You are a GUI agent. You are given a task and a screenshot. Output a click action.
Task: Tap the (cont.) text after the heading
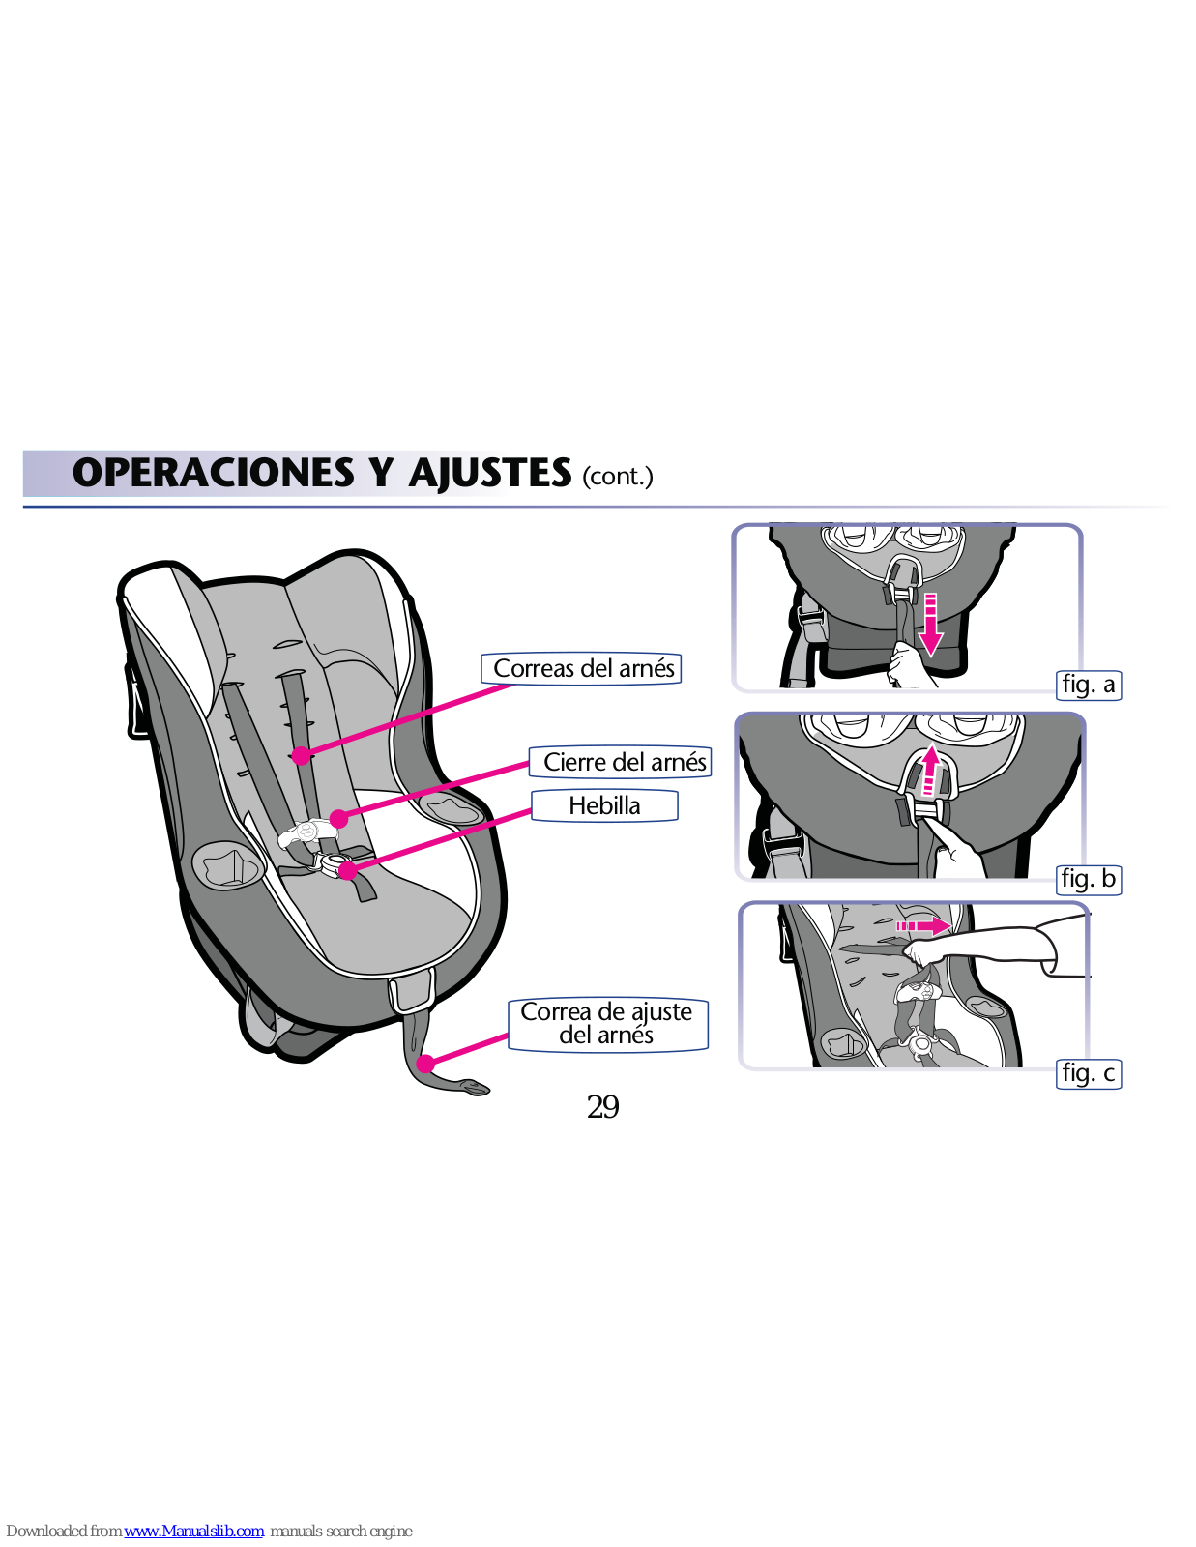pos(618,477)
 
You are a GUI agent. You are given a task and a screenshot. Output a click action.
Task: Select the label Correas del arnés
pos(583,668)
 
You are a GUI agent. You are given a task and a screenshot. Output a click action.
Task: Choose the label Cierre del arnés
pos(624,762)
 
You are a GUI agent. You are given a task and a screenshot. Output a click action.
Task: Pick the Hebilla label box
pos(604,805)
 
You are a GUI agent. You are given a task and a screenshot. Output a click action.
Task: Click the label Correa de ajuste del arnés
pos(607,1024)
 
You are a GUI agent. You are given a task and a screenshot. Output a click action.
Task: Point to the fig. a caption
pos(1089,685)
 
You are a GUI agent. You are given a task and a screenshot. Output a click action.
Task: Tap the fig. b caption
pos(1089,879)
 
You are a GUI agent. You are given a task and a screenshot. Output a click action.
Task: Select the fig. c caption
pos(1089,1073)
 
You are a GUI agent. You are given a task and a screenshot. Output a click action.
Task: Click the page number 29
pos(602,1107)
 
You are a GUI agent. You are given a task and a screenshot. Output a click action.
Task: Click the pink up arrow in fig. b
pos(929,771)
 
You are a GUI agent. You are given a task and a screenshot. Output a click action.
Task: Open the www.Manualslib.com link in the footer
pos(193,1531)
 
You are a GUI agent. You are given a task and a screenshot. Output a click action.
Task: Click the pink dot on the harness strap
pos(302,755)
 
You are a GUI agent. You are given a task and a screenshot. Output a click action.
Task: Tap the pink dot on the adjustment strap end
pos(425,1064)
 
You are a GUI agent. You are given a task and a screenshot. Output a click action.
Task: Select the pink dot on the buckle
pos(348,870)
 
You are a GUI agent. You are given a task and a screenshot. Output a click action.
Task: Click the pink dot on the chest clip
pos(338,819)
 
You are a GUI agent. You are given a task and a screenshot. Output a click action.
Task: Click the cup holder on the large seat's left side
pos(227,863)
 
